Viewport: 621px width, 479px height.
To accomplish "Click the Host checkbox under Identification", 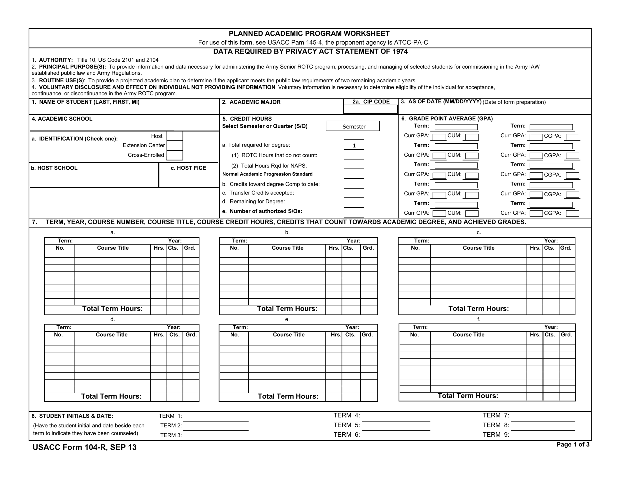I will [x=175, y=136].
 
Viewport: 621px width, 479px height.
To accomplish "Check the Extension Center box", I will [x=175, y=146].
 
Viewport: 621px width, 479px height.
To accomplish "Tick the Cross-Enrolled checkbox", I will [x=175, y=155].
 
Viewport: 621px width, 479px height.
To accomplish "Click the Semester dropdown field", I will [x=352, y=126].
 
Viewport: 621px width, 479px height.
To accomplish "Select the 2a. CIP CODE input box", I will [x=370, y=109].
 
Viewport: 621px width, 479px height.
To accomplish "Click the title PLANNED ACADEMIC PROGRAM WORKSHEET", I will [x=309, y=33].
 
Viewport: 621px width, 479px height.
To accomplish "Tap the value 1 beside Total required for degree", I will [x=354, y=146].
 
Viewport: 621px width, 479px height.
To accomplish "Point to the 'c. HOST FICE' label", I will [x=188, y=168].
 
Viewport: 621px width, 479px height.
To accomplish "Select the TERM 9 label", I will [x=496, y=435].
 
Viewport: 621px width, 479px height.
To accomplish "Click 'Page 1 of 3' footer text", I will [x=573, y=445].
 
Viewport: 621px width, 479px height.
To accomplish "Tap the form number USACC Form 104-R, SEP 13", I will [x=84, y=448].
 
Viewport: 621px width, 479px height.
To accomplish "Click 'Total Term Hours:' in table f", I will [x=468, y=396].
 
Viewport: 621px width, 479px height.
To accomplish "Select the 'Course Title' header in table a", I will [x=113, y=248].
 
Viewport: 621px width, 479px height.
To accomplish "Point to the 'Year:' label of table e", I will [x=352, y=327].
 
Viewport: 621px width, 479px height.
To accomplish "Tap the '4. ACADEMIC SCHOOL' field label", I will [x=62, y=119].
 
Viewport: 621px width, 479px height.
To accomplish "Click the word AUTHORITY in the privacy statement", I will [x=56, y=60].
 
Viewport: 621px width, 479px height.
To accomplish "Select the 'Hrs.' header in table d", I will [x=159, y=335].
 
